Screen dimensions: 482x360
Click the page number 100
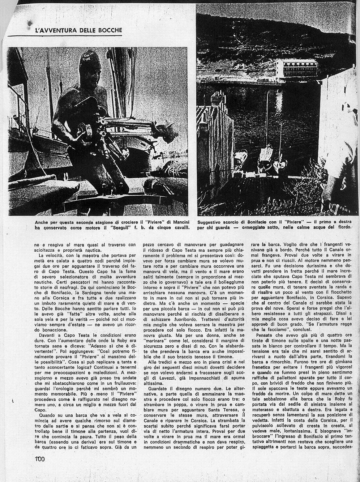click(40, 459)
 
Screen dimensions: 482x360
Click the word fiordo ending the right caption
click(342, 227)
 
